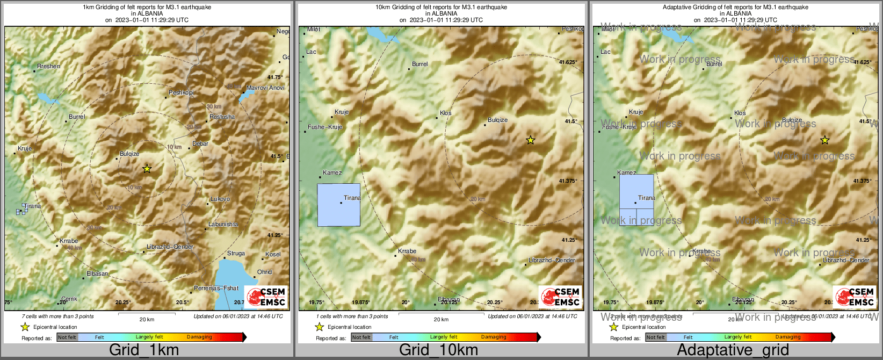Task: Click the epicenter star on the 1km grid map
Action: tap(147, 169)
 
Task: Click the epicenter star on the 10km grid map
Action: tap(531, 140)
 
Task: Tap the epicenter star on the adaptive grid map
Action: tap(825, 140)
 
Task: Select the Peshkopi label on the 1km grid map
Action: tap(181, 92)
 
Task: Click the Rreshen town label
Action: tap(49, 66)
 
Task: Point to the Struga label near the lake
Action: tap(236, 253)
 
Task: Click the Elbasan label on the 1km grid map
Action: tap(97, 273)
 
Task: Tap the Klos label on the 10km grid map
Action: tap(446, 113)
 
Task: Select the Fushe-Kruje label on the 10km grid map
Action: tap(325, 127)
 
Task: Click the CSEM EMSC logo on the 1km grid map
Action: tap(266, 297)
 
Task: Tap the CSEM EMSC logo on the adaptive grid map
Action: tap(855, 297)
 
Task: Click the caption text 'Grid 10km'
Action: tap(438, 350)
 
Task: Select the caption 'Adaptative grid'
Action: tap(733, 350)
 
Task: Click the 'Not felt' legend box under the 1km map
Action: tap(67, 337)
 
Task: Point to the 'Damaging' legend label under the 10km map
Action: tap(494, 337)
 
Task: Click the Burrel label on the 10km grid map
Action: tap(420, 64)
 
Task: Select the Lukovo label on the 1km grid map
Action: tap(220, 199)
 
